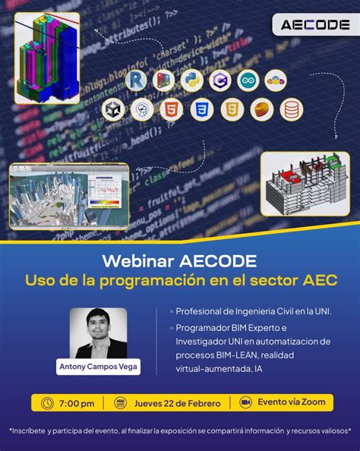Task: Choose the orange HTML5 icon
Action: pos(172,109)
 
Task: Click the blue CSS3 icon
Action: pos(201,109)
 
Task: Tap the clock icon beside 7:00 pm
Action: pos(47,402)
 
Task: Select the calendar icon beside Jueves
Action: pos(119,402)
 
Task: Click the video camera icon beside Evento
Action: pos(245,402)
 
